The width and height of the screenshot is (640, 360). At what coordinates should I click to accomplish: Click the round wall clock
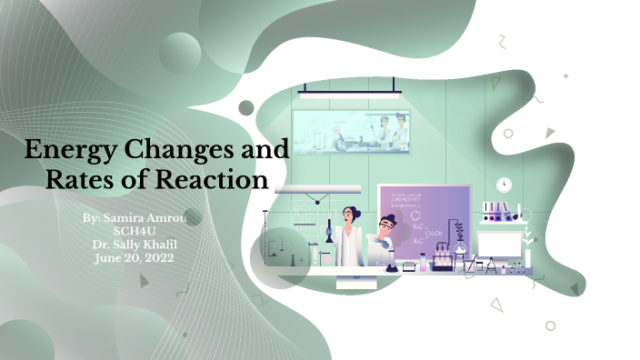[x=505, y=185]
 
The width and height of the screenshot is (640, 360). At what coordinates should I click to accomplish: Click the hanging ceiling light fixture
[x=349, y=90]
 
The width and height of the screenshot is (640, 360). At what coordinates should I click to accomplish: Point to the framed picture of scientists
[x=351, y=130]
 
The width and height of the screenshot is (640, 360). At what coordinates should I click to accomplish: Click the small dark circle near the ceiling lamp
[x=246, y=108]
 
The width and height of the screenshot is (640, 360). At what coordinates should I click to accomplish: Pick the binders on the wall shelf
[x=496, y=212]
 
